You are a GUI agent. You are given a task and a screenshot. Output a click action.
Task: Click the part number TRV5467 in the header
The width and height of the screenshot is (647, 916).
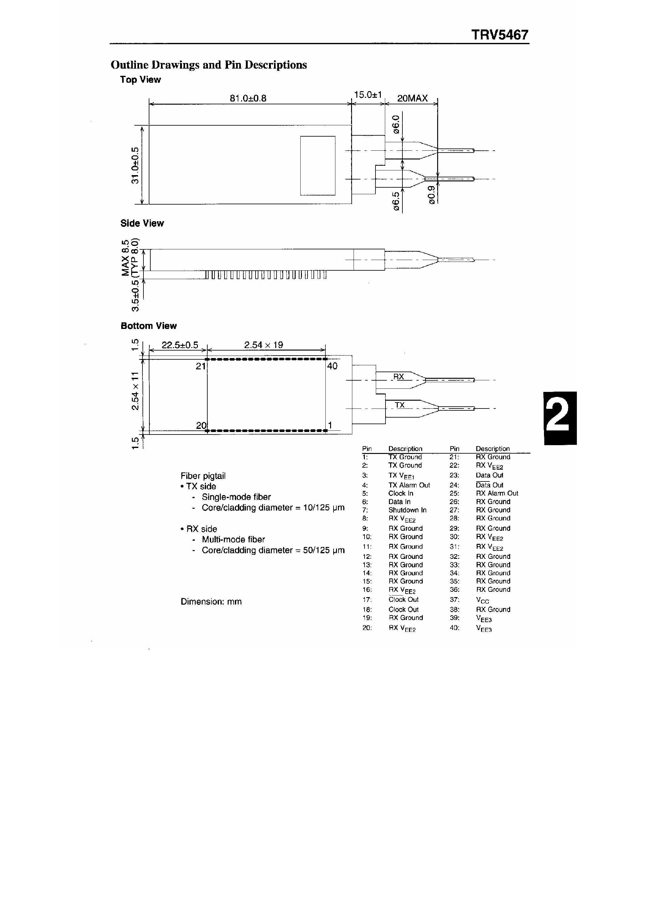[500, 35]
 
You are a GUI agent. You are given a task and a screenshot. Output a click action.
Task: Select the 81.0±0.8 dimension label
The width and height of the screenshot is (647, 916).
[248, 98]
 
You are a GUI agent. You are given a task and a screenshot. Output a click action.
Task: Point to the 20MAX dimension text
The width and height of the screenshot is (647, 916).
[412, 98]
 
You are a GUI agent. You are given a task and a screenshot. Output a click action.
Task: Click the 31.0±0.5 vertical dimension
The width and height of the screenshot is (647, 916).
[135, 165]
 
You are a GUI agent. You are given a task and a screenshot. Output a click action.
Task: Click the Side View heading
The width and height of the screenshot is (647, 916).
[142, 223]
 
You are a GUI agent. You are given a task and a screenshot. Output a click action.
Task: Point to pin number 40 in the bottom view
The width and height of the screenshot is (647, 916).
[332, 366]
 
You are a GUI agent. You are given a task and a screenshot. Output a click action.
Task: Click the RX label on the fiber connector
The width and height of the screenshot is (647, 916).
[398, 376]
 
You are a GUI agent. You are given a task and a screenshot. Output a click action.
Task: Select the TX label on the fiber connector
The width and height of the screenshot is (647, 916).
[399, 405]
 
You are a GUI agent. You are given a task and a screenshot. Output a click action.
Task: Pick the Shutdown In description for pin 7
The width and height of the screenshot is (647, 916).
[407, 510]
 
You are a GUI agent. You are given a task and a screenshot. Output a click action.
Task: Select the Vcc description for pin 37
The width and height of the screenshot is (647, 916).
[482, 600]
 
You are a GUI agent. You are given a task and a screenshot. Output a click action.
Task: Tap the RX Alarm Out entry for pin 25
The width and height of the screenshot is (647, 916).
[497, 493]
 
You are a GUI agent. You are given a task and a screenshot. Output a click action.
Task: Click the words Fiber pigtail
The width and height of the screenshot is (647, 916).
[203, 476]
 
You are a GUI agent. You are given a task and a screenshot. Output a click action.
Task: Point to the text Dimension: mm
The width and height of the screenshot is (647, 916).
[211, 601]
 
